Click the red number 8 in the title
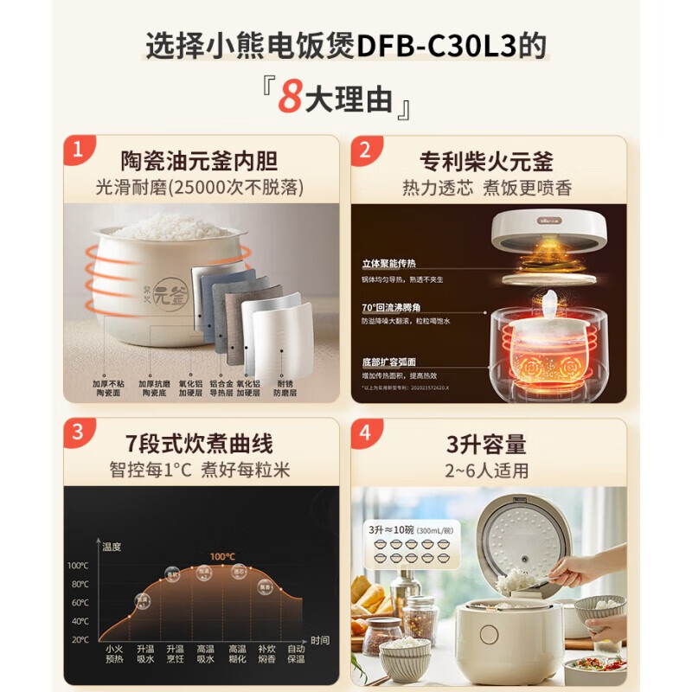(291, 98)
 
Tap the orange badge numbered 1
(78, 151)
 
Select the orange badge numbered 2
(365, 151)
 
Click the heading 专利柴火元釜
(487, 162)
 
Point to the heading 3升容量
(487, 445)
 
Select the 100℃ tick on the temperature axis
(78, 566)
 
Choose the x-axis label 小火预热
(114, 653)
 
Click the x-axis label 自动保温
(296, 653)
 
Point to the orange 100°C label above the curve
(223, 556)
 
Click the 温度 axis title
(112, 547)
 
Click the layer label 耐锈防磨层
(286, 386)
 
